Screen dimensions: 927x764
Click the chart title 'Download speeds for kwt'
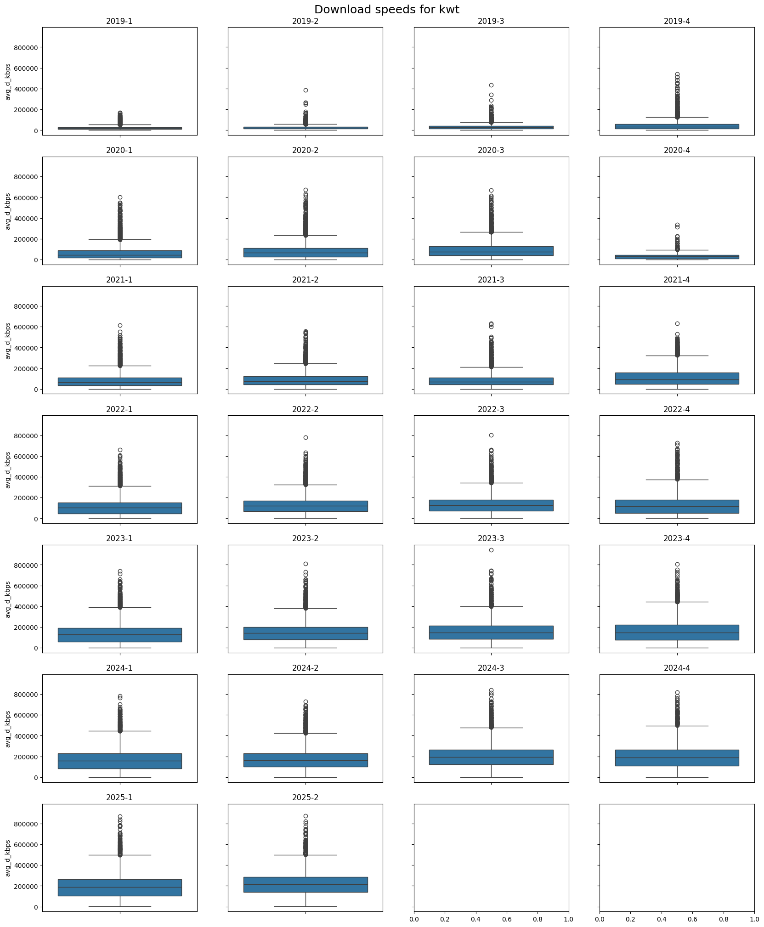click(x=386, y=10)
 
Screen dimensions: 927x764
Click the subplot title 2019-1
click(x=119, y=21)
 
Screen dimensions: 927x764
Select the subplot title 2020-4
click(x=677, y=151)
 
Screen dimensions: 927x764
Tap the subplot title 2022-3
click(x=491, y=409)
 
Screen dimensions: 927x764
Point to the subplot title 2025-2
click(x=305, y=797)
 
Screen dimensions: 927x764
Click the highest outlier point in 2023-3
click(x=491, y=550)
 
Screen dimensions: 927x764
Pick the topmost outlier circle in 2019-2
click(x=306, y=90)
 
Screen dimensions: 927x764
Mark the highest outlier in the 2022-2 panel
click(x=306, y=437)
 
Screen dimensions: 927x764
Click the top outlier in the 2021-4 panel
click(x=677, y=323)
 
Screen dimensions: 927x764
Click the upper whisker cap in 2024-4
click(x=677, y=726)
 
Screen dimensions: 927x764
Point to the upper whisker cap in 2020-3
click(x=491, y=232)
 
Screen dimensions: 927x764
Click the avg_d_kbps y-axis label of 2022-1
click(x=8, y=469)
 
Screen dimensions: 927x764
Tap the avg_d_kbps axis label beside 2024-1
click(x=8, y=729)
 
